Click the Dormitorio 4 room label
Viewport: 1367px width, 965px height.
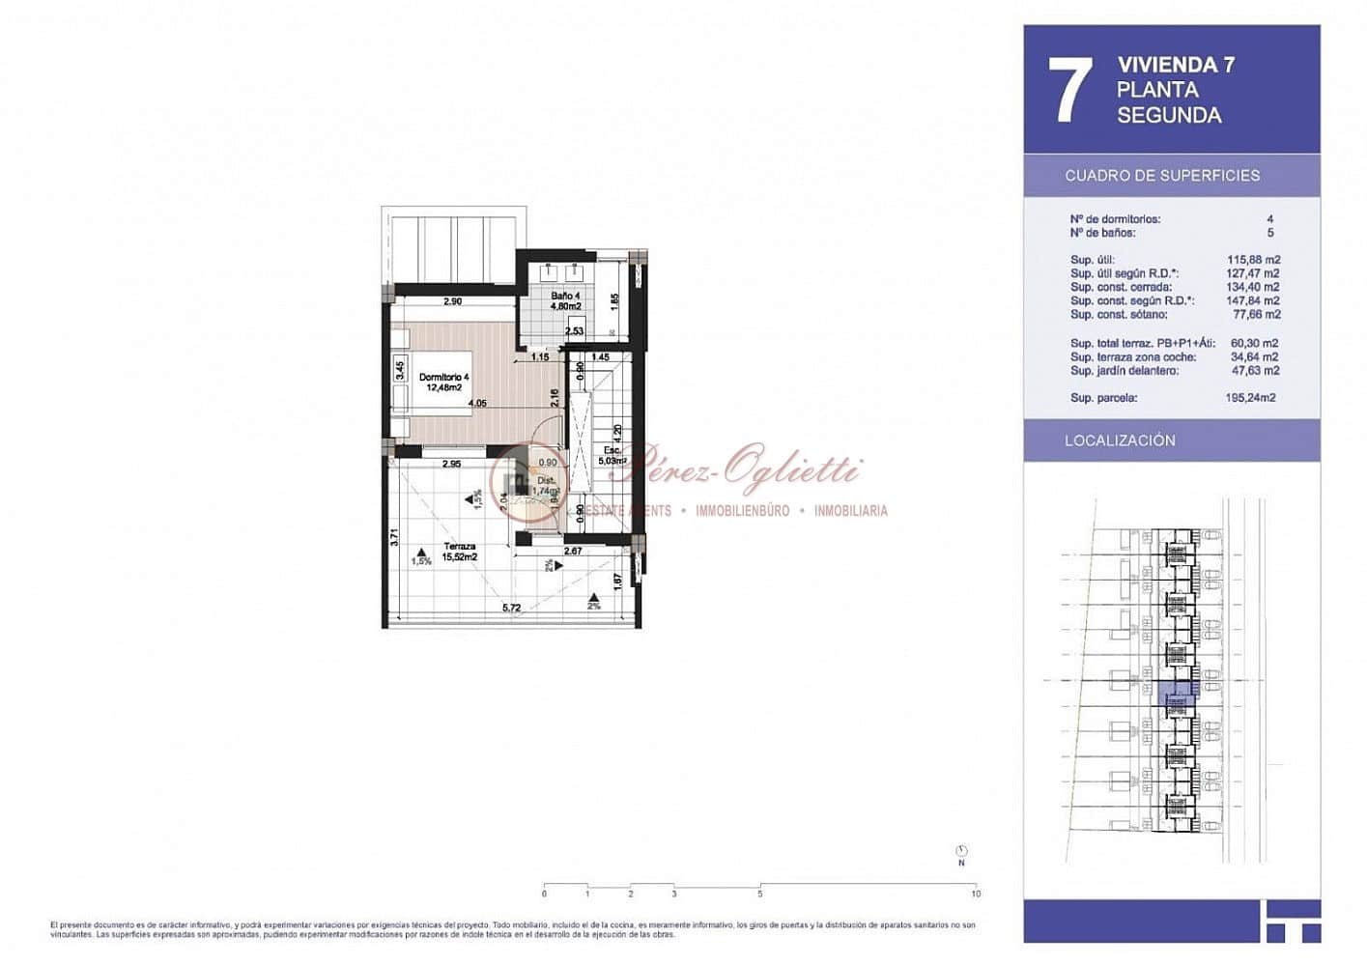(443, 383)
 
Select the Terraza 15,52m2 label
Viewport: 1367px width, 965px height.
(459, 552)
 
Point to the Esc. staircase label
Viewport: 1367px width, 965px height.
(612, 456)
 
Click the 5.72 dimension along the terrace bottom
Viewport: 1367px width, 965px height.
(511, 608)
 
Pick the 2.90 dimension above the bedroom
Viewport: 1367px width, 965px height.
(452, 301)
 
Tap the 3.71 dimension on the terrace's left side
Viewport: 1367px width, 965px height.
(394, 536)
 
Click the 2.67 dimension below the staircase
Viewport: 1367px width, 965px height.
(572, 552)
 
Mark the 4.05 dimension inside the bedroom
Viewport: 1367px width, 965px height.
(477, 404)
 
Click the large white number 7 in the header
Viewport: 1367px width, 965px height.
(1069, 90)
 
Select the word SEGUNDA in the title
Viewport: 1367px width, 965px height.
(1169, 116)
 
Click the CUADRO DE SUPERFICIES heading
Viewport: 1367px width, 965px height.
(1162, 176)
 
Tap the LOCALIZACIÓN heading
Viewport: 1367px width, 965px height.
(1120, 440)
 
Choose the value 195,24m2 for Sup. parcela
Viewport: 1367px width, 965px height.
(1250, 398)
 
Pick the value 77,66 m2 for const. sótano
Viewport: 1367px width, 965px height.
(1255, 315)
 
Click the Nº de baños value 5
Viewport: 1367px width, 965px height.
(1269, 233)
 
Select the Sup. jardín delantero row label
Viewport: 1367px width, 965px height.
(1124, 371)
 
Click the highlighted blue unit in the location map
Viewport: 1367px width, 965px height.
(1178, 694)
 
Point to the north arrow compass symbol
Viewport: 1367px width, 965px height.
(961, 852)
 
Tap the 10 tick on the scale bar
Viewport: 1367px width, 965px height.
(976, 893)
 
